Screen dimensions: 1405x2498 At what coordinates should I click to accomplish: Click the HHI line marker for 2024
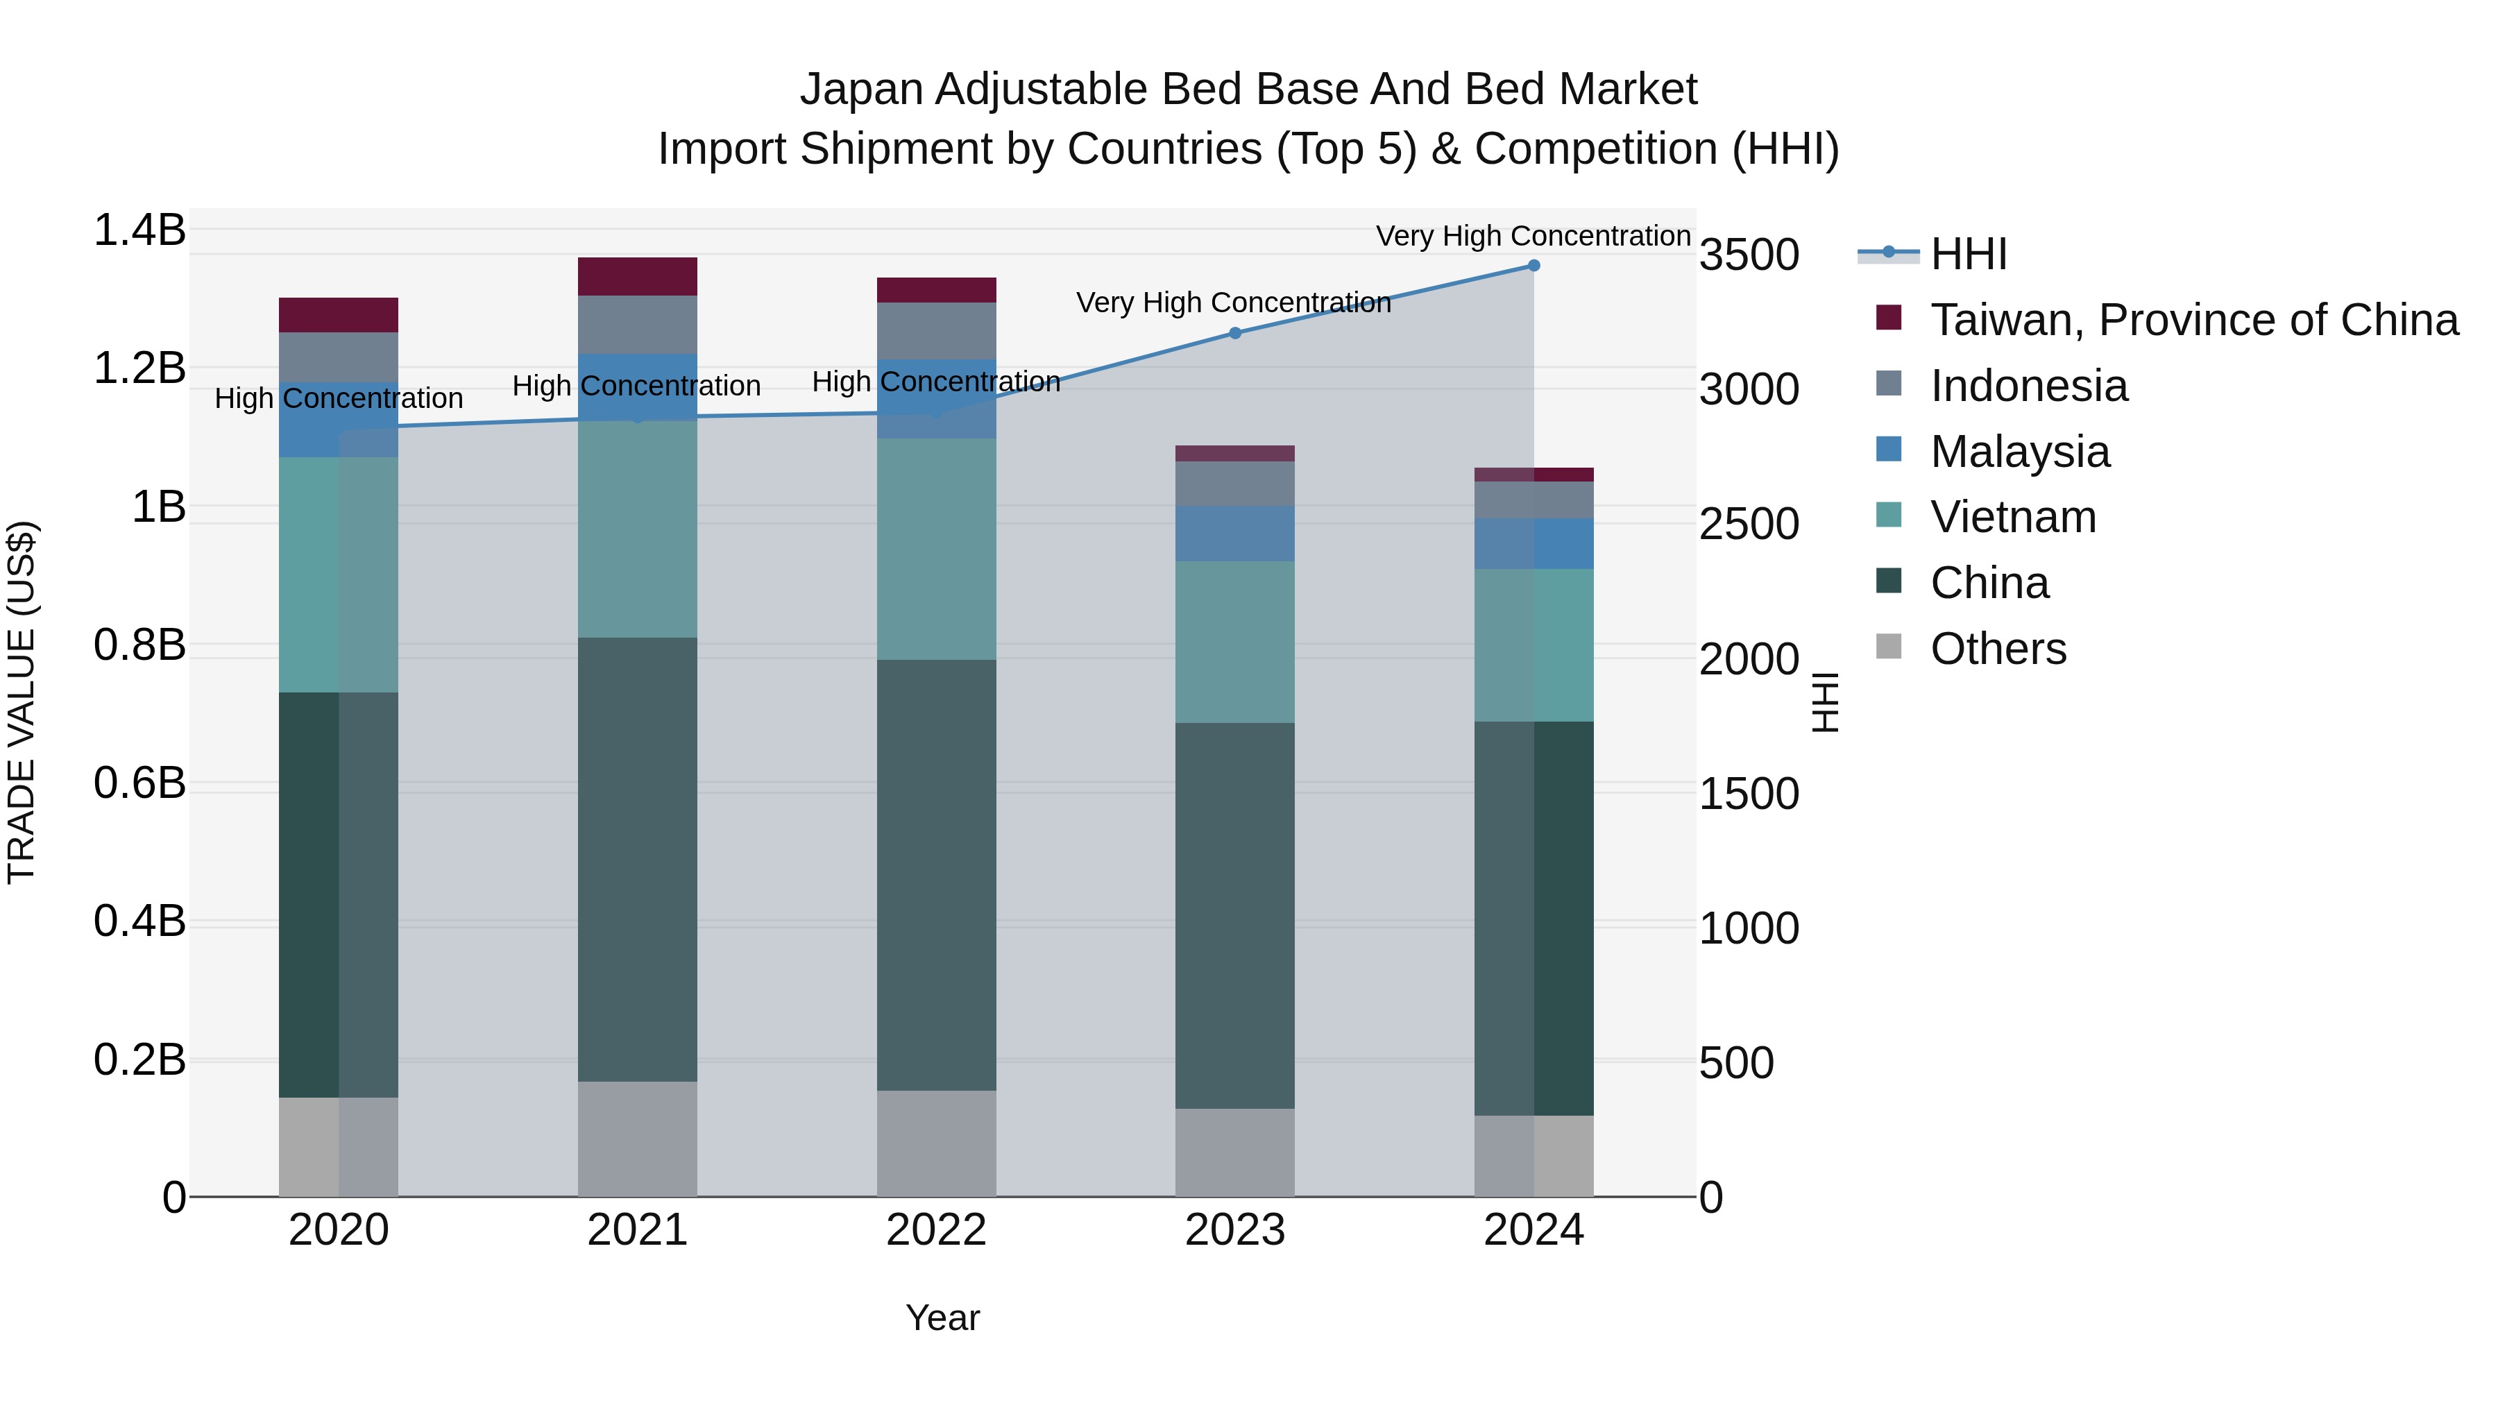tap(1533, 266)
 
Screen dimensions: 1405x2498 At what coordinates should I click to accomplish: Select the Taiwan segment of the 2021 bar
tap(637, 276)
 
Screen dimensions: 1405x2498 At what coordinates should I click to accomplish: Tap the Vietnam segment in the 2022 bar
tap(936, 549)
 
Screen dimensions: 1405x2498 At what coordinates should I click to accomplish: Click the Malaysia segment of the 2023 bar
tap(1234, 534)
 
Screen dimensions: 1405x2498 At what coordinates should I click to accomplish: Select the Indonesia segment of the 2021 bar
tap(637, 325)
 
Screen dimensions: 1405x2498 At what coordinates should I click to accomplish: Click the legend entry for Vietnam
tap(2012, 517)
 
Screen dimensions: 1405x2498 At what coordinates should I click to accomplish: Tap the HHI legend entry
tap(1968, 254)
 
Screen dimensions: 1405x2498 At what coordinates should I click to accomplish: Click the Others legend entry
tap(1998, 649)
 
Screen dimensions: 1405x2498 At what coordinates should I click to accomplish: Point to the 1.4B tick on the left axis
tap(139, 231)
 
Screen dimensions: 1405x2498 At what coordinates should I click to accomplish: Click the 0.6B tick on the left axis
tap(139, 783)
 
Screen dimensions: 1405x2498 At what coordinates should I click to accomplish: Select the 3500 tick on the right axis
tap(1749, 256)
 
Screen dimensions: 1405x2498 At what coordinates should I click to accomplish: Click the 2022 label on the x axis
tap(936, 1230)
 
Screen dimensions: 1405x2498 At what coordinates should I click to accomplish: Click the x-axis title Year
tap(942, 1318)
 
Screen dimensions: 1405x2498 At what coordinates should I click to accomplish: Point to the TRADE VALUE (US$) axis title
tap(22, 702)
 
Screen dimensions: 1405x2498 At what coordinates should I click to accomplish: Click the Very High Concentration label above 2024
tap(1533, 236)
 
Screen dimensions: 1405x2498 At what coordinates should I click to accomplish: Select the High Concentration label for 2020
tap(339, 398)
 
